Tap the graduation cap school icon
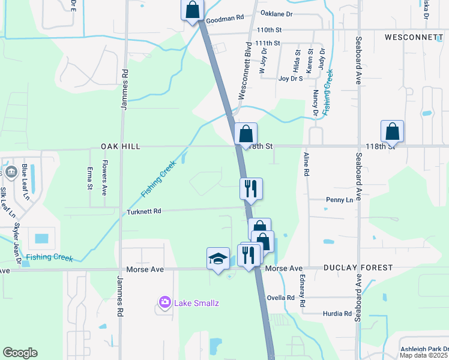pos(218,259)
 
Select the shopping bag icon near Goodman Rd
pos(192,10)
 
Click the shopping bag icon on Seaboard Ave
pos(392,131)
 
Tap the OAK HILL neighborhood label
pos(121,146)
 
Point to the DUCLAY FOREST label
pos(358,268)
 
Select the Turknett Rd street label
pos(144,211)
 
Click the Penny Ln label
pos(339,199)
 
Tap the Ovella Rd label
pos(281,298)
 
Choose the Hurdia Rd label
pos(338,313)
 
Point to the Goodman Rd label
pos(224,20)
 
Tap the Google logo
pos(20,353)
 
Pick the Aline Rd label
pos(306,164)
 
